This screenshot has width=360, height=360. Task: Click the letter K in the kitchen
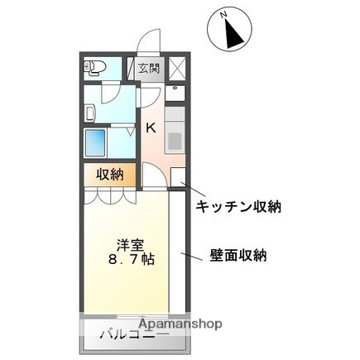point(151,127)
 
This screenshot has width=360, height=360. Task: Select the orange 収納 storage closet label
point(110,174)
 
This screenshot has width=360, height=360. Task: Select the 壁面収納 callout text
point(238,256)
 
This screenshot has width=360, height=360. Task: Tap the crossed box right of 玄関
point(179,69)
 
